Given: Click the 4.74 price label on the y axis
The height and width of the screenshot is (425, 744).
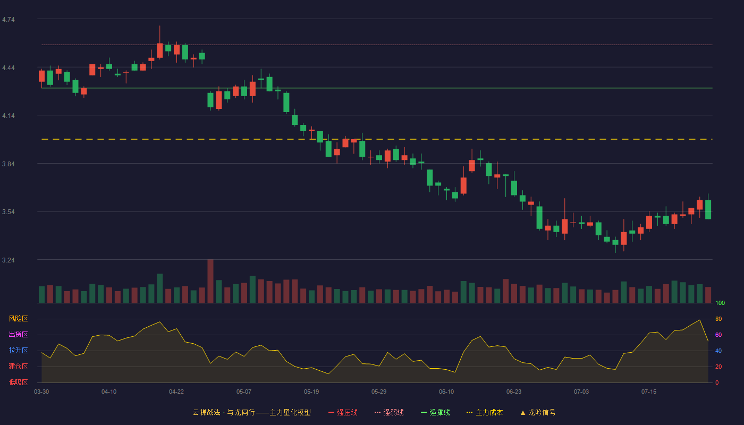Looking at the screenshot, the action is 9,20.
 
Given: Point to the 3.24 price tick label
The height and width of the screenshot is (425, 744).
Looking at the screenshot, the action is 9,260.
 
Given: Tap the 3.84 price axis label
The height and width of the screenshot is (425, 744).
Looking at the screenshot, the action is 9,164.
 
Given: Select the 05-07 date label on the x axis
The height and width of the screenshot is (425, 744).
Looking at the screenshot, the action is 244,392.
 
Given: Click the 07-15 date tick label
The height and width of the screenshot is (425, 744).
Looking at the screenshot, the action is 649,392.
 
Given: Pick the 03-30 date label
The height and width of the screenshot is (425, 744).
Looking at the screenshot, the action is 41,392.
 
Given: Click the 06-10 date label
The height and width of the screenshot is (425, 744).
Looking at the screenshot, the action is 446,392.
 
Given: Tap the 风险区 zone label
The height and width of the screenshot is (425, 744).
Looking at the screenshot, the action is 18,319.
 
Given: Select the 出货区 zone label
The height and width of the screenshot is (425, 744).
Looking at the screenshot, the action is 18,334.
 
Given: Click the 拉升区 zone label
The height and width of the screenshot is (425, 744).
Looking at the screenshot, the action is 18,350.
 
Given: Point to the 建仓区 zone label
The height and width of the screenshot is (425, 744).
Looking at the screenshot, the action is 18,366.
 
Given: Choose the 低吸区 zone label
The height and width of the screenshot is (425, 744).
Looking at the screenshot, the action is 18,382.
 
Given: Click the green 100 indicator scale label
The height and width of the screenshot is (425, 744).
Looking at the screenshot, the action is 720,303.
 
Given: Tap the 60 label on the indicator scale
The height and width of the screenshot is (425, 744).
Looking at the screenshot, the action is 718,335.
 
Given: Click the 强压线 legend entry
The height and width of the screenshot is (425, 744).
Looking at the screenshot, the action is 343,412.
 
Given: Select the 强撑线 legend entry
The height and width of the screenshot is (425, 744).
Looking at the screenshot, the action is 435,412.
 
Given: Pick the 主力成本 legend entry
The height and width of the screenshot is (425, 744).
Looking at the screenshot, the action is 485,412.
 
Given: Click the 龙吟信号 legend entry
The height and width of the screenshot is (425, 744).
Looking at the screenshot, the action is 538,412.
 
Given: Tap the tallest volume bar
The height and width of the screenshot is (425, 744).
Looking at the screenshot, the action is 210,281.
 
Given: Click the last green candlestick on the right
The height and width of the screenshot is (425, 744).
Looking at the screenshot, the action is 708,209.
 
